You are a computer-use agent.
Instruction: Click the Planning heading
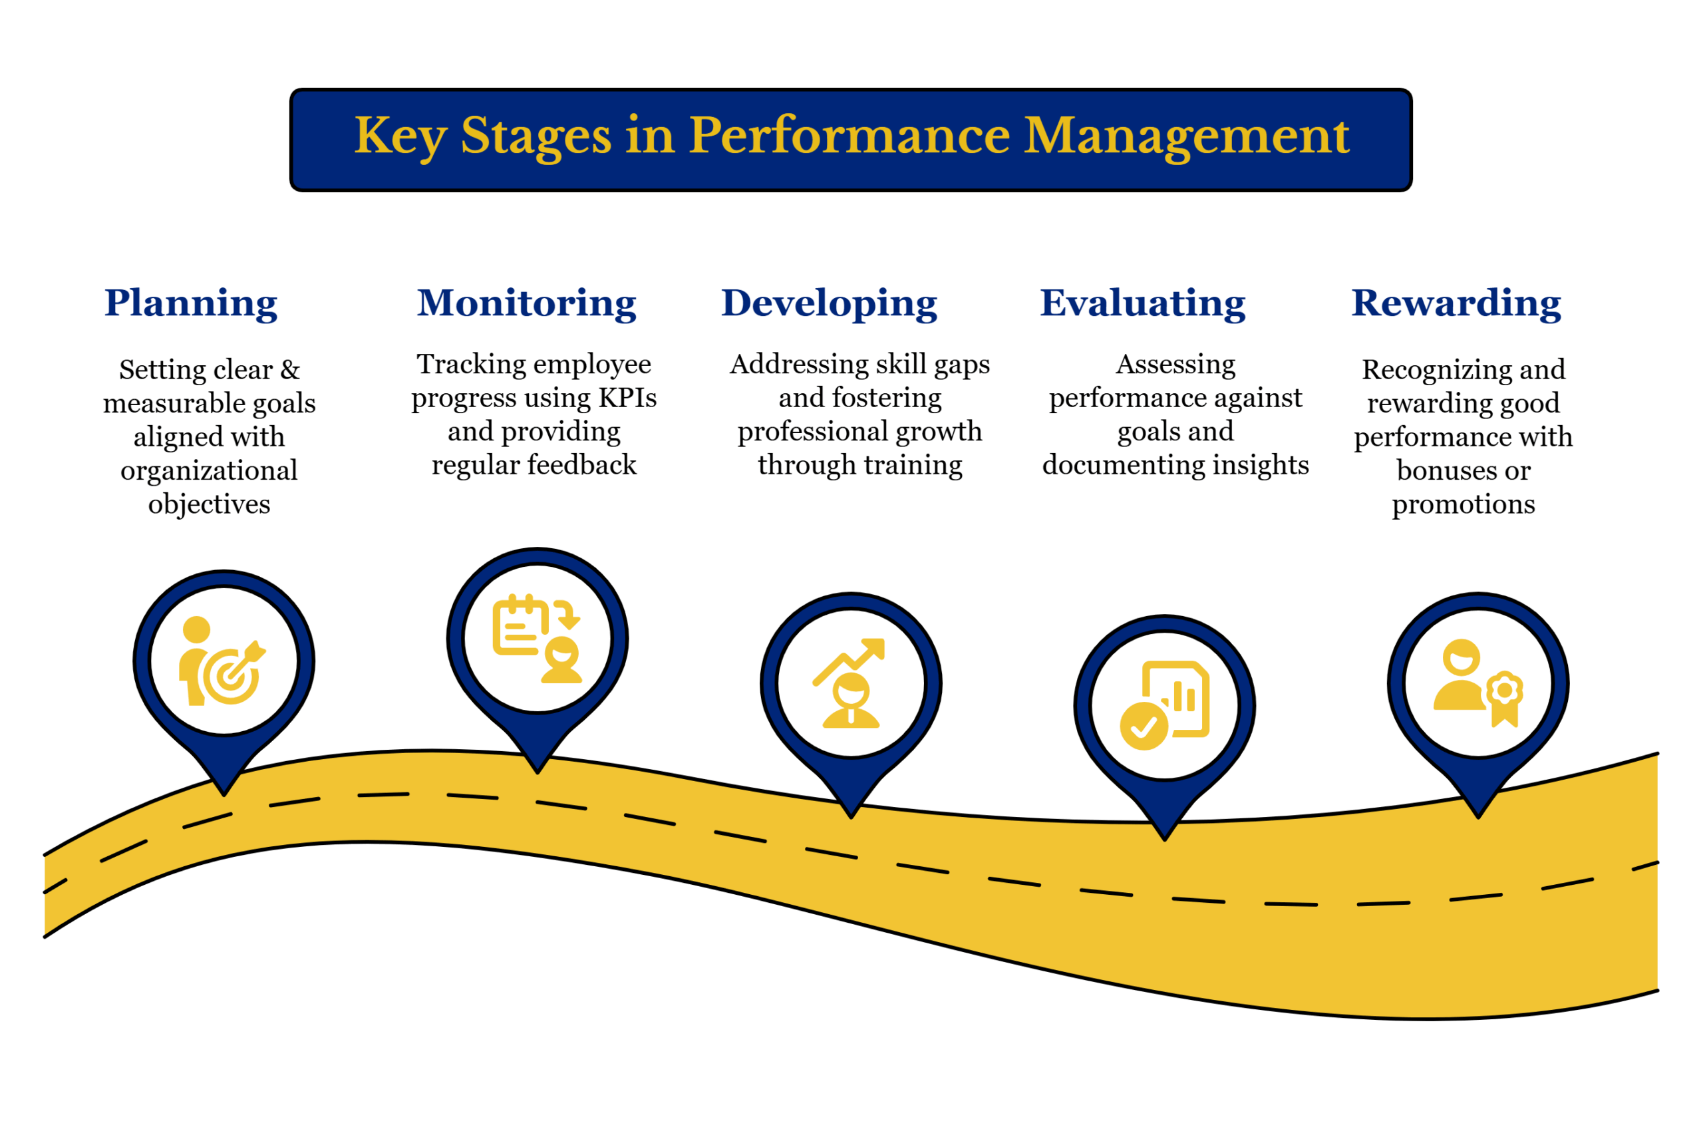[x=190, y=303]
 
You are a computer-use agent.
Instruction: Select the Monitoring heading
[x=526, y=303]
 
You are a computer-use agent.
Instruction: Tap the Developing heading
[x=829, y=303]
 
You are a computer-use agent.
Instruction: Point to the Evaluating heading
[x=1142, y=303]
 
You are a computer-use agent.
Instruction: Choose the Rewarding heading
[x=1456, y=303]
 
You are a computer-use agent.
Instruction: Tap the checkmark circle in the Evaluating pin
[x=1143, y=726]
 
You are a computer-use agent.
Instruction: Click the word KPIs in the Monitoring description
[x=627, y=397]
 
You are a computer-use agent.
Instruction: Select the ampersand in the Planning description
[x=289, y=370]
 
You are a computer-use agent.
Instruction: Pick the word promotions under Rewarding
[x=1463, y=504]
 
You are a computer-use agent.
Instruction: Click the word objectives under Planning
[x=209, y=504]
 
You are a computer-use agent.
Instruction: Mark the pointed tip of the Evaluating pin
[x=1165, y=837]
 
